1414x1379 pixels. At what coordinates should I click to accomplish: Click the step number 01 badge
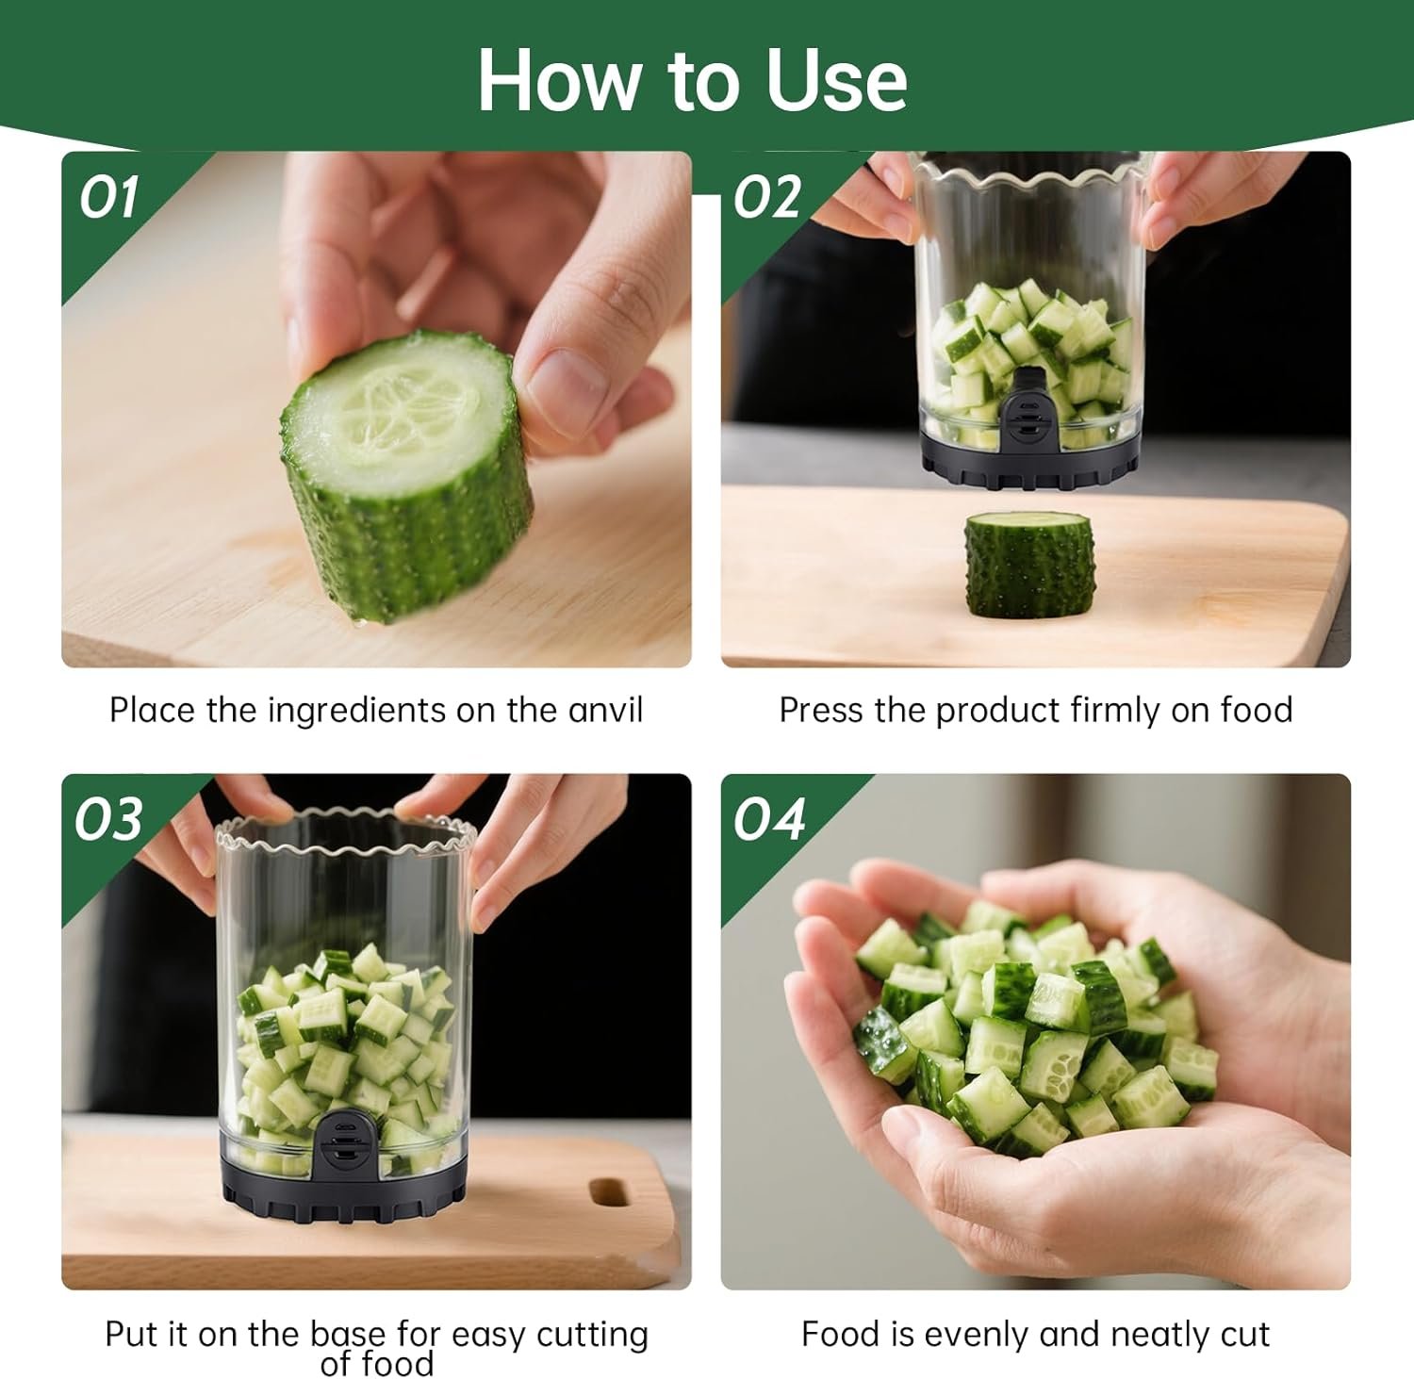[108, 198]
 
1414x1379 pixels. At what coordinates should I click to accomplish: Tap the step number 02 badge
[767, 198]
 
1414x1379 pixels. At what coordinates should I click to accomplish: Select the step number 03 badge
[109, 819]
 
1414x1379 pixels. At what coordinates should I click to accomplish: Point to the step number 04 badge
[769, 819]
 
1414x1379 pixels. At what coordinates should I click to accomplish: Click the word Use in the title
[836, 80]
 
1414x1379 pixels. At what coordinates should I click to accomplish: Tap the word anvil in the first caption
[605, 710]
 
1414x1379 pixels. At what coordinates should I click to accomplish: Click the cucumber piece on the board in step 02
[1028, 563]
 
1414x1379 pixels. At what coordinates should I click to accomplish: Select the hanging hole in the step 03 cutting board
[610, 1191]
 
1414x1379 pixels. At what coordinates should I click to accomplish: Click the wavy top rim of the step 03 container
[344, 837]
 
